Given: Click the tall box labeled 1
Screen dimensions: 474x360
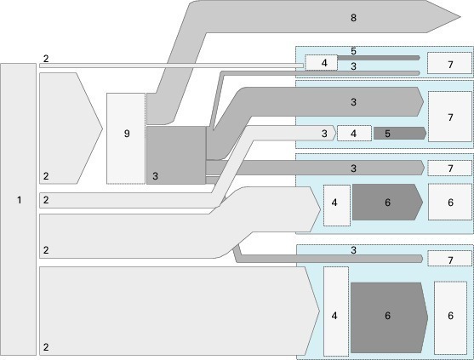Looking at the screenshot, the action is [x=18, y=209].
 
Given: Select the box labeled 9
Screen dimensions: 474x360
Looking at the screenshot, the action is [x=126, y=139].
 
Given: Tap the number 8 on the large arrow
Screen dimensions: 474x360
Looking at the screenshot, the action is [x=353, y=18].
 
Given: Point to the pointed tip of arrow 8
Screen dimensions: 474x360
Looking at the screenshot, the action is [x=460, y=17].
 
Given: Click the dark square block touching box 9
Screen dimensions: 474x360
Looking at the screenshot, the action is [x=176, y=156].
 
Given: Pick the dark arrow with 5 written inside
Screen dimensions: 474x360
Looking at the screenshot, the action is [x=400, y=134].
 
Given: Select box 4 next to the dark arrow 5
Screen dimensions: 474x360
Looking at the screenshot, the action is [x=354, y=134].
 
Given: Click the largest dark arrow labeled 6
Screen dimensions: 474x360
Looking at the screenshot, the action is [x=390, y=317].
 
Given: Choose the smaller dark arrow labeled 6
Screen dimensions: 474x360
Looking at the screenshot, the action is [x=387, y=202].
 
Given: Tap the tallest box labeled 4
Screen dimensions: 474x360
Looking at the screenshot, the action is [x=336, y=311].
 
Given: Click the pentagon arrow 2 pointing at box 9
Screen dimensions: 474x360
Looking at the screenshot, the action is [x=71, y=129].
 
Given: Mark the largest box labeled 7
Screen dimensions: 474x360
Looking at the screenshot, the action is [x=450, y=117].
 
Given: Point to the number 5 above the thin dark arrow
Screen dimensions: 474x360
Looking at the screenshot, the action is [x=353, y=51].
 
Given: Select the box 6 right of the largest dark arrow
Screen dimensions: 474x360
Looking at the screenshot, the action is [x=450, y=317].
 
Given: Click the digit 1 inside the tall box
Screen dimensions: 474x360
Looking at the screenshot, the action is [x=20, y=200].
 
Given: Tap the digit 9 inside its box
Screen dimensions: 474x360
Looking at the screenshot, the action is [x=127, y=134].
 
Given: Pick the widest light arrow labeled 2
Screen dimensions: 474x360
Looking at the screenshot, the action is [x=180, y=311].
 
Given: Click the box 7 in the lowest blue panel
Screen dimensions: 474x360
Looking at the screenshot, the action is [x=450, y=259].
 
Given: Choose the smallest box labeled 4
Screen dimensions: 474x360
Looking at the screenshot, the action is [x=321, y=63].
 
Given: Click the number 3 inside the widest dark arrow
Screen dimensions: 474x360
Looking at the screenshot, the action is [x=353, y=102].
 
